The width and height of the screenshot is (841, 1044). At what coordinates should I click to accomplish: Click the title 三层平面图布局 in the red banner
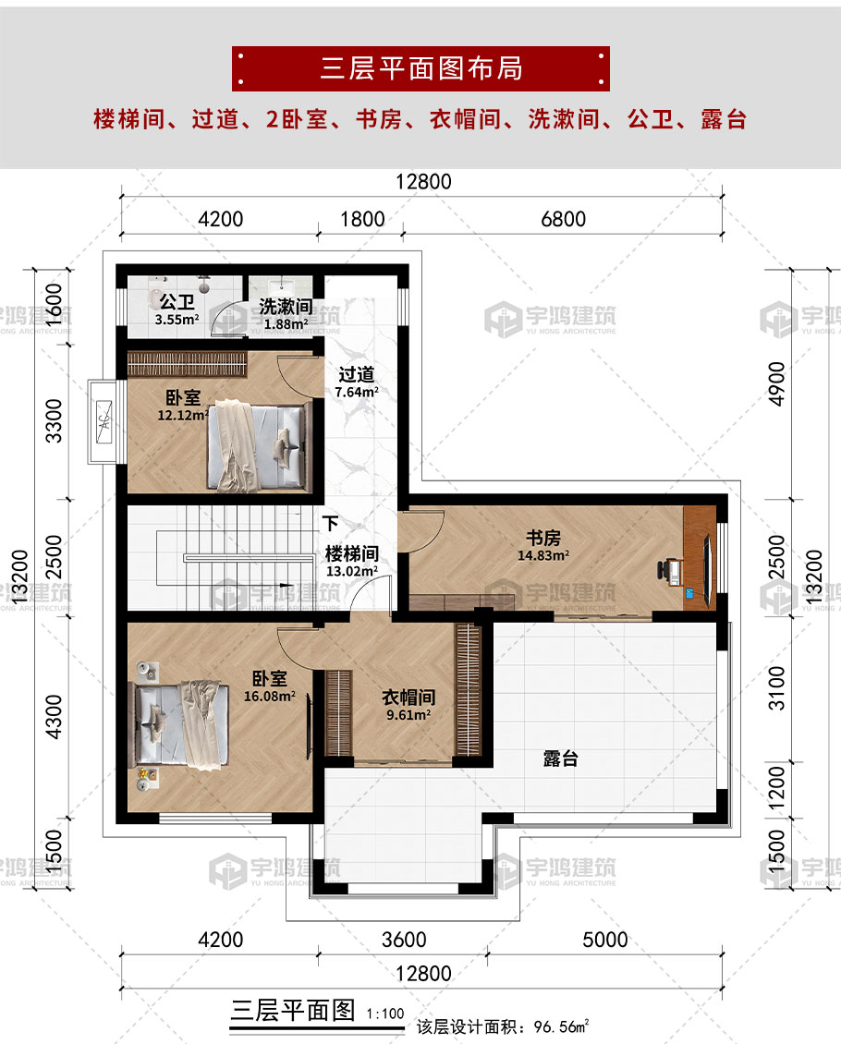(x=420, y=68)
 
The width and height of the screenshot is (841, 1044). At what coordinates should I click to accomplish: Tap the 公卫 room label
(x=175, y=302)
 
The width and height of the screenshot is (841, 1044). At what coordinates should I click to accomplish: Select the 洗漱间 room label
(x=284, y=306)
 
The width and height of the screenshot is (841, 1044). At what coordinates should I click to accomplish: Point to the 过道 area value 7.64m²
(x=356, y=392)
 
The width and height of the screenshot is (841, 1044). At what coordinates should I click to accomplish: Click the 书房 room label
(x=543, y=538)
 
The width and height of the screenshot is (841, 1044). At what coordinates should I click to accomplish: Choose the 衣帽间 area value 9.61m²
(x=408, y=714)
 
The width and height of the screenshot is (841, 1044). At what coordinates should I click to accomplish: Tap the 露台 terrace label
(x=560, y=759)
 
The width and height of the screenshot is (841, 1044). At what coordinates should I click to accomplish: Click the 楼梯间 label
(x=352, y=554)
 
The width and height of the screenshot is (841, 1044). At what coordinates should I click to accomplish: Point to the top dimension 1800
(x=362, y=219)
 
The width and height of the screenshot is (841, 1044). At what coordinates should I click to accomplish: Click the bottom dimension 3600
(x=404, y=941)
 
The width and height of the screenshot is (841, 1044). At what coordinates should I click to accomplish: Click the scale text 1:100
(x=385, y=1014)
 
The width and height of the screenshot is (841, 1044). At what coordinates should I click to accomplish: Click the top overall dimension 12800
(x=423, y=182)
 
